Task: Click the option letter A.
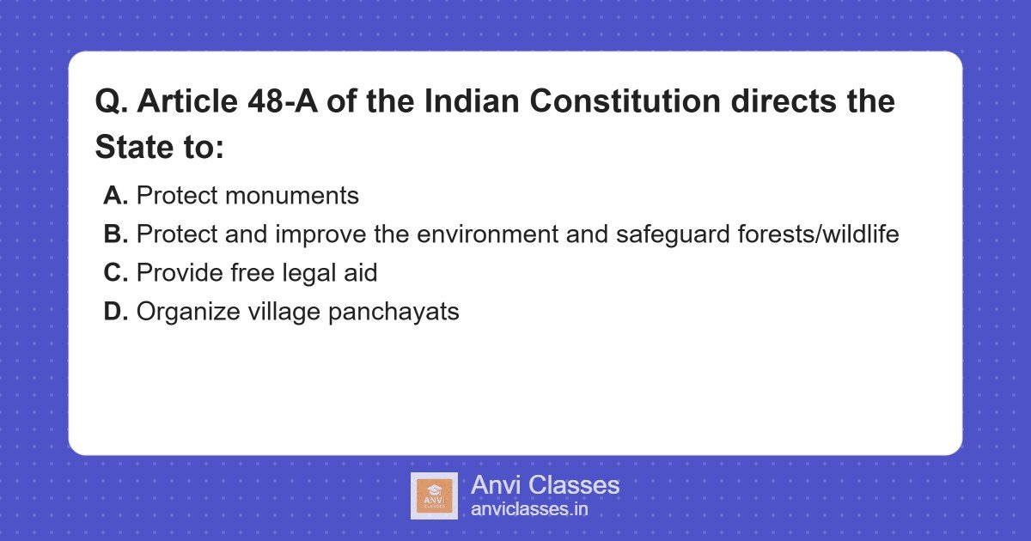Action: (x=115, y=196)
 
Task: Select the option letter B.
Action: (x=115, y=234)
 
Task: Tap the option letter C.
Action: (x=115, y=273)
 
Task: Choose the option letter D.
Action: (x=115, y=312)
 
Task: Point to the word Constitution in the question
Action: (x=625, y=102)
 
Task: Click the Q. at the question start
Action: (x=110, y=102)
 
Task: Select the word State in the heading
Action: (x=135, y=148)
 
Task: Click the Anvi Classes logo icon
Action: (x=434, y=496)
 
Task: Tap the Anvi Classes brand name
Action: (x=545, y=485)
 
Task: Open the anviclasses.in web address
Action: (x=529, y=509)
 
